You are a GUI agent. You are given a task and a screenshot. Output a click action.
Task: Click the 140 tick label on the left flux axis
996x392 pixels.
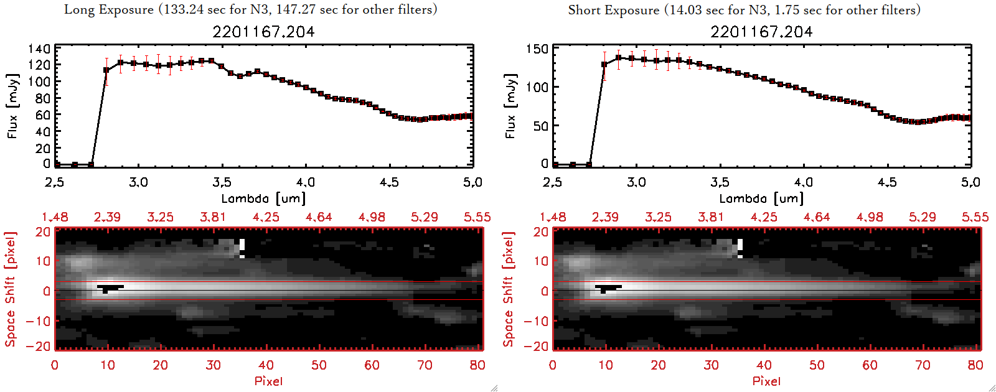click(x=39, y=49)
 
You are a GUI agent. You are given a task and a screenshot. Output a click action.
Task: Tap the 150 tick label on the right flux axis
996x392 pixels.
click(x=537, y=49)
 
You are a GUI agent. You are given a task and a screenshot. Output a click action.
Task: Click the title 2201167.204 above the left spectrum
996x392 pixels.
click(x=263, y=32)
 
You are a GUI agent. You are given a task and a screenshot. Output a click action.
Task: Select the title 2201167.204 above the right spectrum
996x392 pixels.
click(x=761, y=32)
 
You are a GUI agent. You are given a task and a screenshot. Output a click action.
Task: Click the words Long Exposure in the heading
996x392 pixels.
click(x=109, y=9)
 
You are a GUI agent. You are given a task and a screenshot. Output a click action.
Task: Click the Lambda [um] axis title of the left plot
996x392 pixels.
click(x=263, y=198)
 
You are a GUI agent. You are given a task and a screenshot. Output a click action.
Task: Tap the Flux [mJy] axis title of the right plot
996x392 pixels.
click(x=510, y=106)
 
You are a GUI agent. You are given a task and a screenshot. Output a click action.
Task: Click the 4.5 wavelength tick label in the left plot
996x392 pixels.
click(x=389, y=182)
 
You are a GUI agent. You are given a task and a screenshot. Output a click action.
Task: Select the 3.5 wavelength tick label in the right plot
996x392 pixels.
click(x=720, y=182)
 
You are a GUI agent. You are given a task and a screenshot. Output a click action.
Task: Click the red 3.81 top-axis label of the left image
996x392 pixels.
click(x=213, y=217)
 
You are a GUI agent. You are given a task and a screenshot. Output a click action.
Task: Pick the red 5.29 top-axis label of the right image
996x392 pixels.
click(x=922, y=217)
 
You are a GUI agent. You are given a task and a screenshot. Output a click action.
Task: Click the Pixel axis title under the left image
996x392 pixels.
click(x=268, y=381)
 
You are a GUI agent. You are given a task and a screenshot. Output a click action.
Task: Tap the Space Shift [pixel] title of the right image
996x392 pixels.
click(x=509, y=289)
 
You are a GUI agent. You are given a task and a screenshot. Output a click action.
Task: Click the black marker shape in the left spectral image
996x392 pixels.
click(x=110, y=287)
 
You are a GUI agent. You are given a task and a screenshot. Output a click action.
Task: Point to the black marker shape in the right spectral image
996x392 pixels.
click(x=608, y=287)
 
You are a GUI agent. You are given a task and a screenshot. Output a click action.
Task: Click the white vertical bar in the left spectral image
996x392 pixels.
click(x=242, y=248)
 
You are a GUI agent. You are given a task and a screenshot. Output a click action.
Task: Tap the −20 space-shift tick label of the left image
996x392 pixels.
click(x=42, y=347)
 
